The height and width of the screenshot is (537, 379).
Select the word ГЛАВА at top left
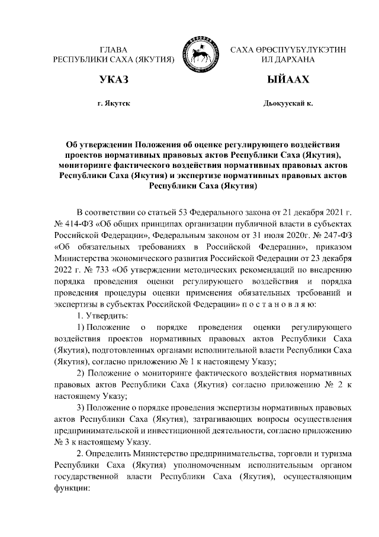114,49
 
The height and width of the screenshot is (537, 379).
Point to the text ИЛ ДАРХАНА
288,60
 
